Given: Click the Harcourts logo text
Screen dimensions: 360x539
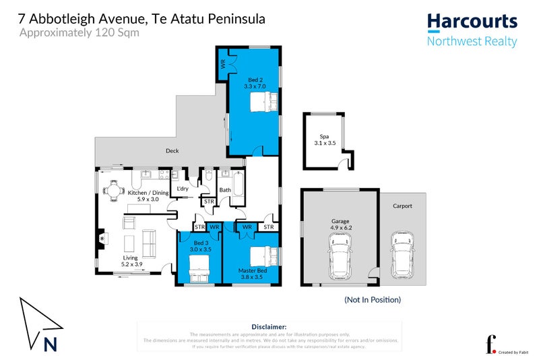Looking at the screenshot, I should pyautogui.click(x=472, y=22).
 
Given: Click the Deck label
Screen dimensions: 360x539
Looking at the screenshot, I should pyautogui.click(x=172, y=151).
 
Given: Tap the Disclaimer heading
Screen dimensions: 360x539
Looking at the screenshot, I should pyautogui.click(x=269, y=326).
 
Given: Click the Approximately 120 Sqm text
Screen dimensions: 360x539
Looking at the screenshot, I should pyautogui.click(x=80, y=32).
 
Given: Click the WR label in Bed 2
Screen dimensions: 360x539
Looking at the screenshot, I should pyautogui.click(x=222, y=65).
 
